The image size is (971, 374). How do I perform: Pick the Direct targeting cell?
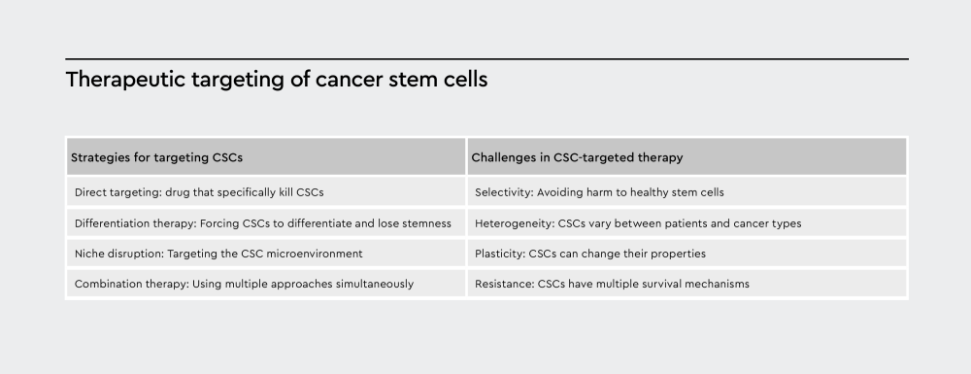pyautogui.click(x=198, y=192)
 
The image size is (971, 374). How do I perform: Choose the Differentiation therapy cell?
pyautogui.click(x=262, y=223)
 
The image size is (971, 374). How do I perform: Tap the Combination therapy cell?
pyautogui.click(x=244, y=284)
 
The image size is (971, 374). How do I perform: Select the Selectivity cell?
pyautogui.click(x=599, y=192)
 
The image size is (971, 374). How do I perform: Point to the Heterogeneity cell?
pyautogui.click(x=638, y=223)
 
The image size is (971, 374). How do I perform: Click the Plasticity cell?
pyautogui.click(x=589, y=254)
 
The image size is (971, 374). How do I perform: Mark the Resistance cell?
pyautogui.click(x=612, y=284)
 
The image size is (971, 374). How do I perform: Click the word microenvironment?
pyautogui.click(x=317, y=254)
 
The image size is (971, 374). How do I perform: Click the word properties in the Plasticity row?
pyautogui.click(x=678, y=254)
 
